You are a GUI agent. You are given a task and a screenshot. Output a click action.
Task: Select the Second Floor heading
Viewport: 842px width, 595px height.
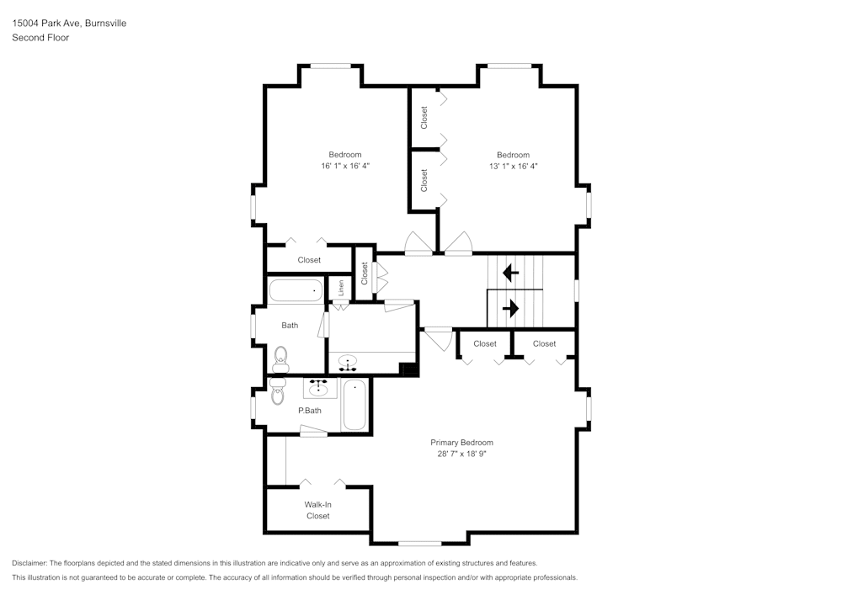coord(40,38)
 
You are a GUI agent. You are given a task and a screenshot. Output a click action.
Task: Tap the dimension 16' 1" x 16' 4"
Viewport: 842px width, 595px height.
coord(345,167)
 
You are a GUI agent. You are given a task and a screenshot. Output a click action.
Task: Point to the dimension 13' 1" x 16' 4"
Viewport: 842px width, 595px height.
coord(513,167)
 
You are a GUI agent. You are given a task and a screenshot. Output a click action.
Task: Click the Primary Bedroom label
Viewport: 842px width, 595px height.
coord(461,443)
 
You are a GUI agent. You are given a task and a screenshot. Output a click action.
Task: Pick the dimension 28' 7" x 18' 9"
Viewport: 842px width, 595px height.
coord(461,454)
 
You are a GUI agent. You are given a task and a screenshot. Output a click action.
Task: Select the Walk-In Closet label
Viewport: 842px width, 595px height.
coord(317,510)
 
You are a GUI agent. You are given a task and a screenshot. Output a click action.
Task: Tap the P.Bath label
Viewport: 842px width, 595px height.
coord(310,411)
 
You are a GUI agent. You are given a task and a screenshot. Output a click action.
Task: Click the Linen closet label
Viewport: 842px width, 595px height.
coord(341,287)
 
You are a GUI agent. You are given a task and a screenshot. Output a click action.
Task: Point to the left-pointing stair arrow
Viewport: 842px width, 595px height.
coord(510,274)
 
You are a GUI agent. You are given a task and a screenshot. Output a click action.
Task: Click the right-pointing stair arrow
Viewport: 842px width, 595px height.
coord(510,309)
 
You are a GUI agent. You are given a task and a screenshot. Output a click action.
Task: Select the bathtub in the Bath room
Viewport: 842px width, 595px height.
coord(296,291)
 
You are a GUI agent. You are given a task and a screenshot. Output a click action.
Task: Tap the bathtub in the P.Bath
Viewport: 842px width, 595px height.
coord(355,404)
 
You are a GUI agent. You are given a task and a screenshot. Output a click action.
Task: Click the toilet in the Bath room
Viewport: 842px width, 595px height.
coord(280,359)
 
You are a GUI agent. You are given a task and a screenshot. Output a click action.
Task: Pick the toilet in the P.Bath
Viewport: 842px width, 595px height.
coord(278,390)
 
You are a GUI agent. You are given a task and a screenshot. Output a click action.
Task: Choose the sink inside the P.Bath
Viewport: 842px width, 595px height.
coord(318,388)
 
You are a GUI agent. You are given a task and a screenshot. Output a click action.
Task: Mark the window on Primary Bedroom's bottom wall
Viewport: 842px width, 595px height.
coord(419,543)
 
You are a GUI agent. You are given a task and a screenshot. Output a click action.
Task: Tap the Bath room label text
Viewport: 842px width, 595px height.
coord(290,325)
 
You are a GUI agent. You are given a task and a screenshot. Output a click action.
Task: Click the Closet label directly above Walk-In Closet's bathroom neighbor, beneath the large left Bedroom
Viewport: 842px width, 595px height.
coord(309,260)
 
